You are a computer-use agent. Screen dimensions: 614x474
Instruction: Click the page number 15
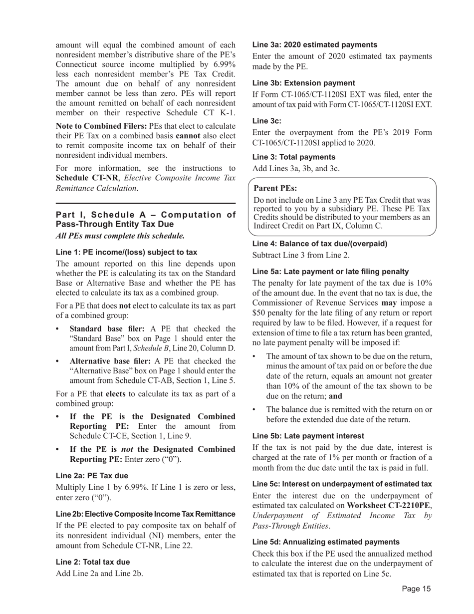[416, 589]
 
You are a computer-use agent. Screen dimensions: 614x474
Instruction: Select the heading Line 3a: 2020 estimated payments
[315, 44]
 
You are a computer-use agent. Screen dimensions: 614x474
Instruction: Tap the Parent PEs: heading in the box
[275, 188]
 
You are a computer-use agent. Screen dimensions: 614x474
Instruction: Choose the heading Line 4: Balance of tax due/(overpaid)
[319, 244]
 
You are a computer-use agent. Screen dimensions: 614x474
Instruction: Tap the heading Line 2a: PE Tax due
[92, 476]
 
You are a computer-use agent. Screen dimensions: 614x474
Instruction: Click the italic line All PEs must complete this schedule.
[120, 236]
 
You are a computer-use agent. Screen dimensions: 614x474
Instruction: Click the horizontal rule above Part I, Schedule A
[145, 204]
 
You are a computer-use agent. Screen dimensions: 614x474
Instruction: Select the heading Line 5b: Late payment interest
[308, 436]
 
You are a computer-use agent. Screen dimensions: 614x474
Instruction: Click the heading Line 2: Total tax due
[93, 562]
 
